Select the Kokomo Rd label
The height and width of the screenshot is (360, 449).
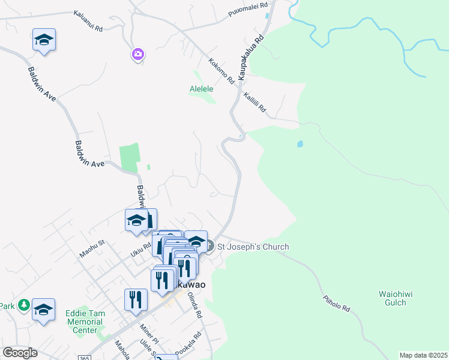pos(221,70)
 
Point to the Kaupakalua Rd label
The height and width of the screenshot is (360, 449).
pos(250,58)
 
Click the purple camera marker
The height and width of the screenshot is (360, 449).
pos(138,55)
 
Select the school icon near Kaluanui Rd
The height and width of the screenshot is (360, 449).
pos(44,40)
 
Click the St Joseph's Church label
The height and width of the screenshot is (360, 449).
pos(253,247)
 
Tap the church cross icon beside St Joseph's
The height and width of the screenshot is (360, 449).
pos(209,246)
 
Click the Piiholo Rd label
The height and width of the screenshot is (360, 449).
pos(336,302)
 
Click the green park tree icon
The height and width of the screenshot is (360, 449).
pos(23,305)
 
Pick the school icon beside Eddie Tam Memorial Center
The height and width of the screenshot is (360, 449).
pos(43,310)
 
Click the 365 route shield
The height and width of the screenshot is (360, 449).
pos(84,357)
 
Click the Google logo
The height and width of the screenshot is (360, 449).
pos(20,353)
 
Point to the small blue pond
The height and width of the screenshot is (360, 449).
pos(300,145)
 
